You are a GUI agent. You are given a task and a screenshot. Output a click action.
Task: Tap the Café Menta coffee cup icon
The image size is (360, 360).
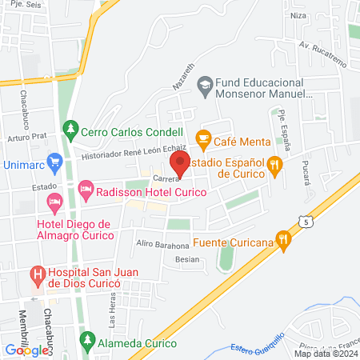tap(203, 138)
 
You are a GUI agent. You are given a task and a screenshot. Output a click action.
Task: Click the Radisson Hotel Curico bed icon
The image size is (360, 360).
tap(86, 191)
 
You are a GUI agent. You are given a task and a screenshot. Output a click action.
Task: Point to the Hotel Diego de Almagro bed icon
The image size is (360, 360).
tap(54, 200)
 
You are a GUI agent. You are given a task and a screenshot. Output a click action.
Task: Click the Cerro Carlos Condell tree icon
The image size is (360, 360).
tap(72, 128)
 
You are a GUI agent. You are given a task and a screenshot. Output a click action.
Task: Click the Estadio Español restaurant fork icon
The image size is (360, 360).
tap(276, 165)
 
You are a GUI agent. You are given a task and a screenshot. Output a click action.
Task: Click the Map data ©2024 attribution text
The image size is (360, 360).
tap(325, 353)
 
